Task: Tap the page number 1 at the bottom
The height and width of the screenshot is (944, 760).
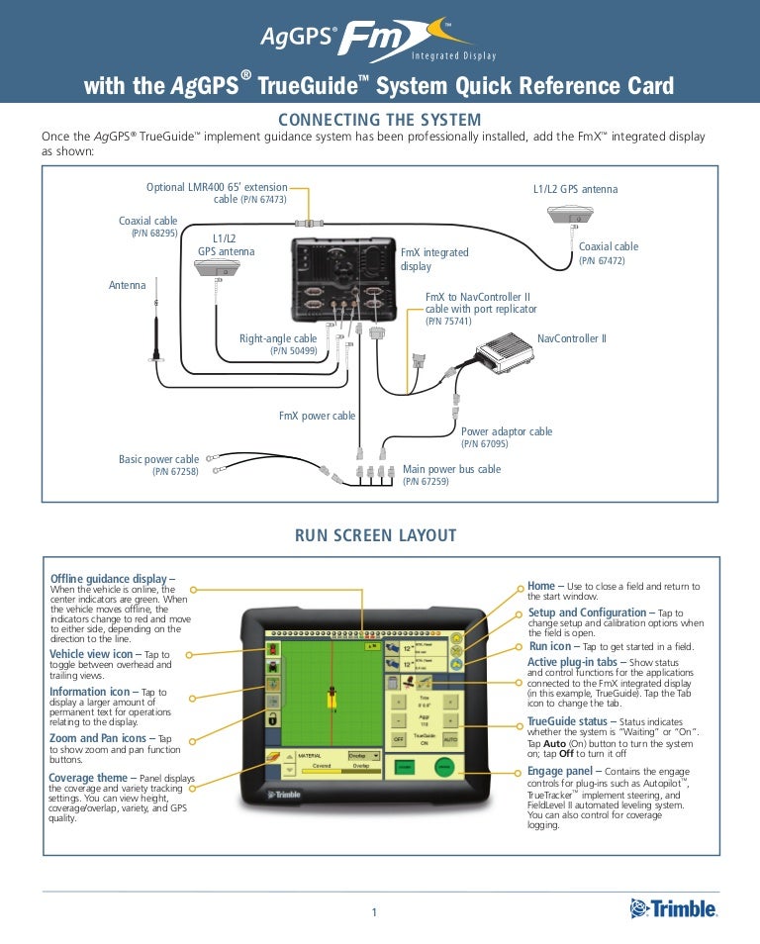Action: pyautogui.click(x=374, y=911)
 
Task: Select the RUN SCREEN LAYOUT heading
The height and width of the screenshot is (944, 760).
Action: pyautogui.click(x=376, y=535)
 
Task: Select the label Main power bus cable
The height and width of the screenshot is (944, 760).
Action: pyautogui.click(x=451, y=469)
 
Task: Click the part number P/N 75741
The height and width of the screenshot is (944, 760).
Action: pyautogui.click(x=448, y=321)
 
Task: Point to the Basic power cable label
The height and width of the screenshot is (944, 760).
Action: pyautogui.click(x=158, y=459)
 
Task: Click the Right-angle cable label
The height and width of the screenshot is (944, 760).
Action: pyautogui.click(x=278, y=338)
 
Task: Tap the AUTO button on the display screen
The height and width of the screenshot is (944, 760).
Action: pyautogui.click(x=449, y=738)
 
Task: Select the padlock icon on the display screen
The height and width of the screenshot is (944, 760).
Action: pyautogui.click(x=272, y=719)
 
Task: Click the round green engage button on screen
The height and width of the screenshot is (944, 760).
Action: pyautogui.click(x=444, y=768)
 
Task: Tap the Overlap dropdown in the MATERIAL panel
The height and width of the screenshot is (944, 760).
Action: pyautogui.click(x=363, y=755)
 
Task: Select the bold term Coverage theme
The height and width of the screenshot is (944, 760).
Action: pyautogui.click(x=88, y=777)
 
